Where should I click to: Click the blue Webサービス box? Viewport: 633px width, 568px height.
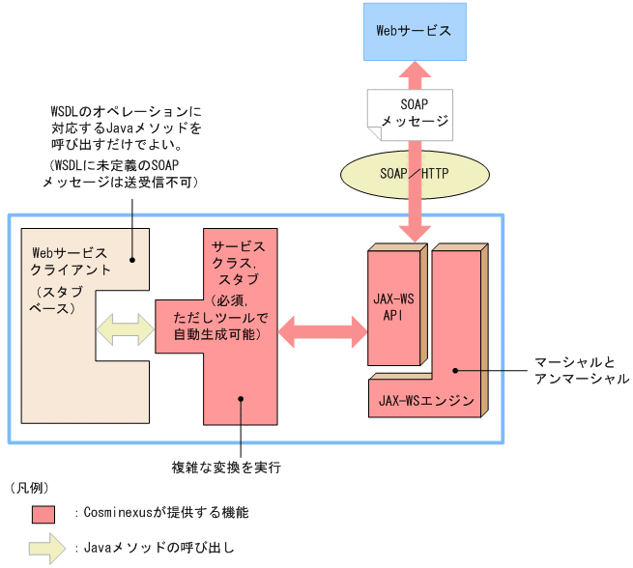coord(413,30)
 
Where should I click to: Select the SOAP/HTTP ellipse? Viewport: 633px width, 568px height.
coord(414,171)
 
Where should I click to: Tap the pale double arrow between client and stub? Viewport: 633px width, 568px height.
coord(125,328)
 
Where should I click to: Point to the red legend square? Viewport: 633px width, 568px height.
coord(44,512)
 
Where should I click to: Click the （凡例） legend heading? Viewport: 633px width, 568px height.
coord(30,487)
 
